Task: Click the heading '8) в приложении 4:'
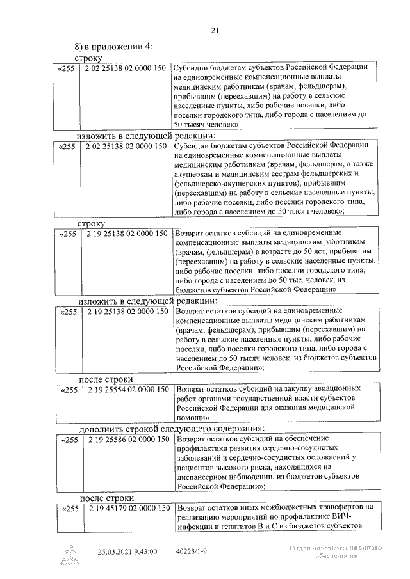(x=113, y=47)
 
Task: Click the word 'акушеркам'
(x=196, y=173)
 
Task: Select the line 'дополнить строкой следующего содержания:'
(x=172, y=428)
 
